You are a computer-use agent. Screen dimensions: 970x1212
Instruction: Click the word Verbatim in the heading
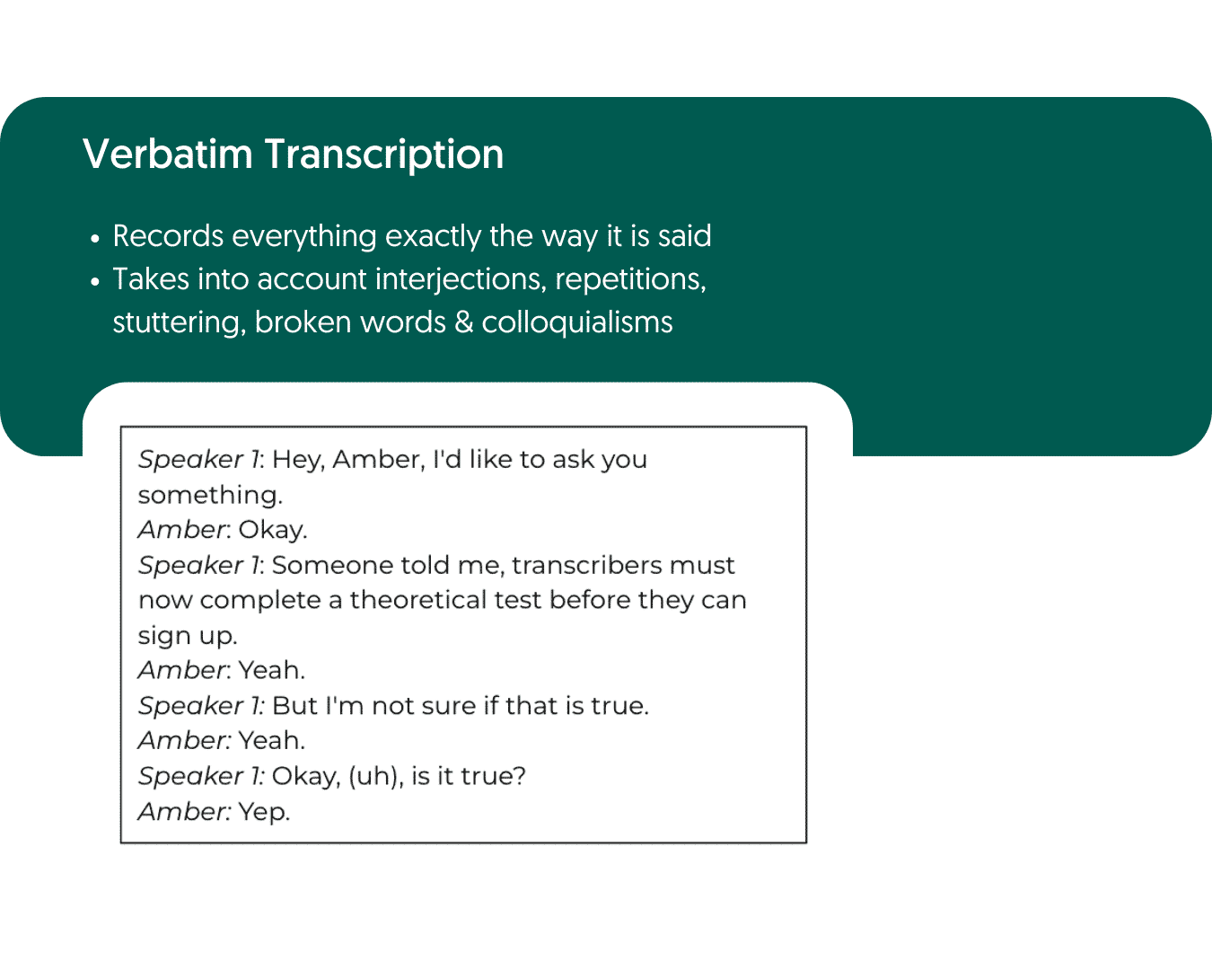pos(168,154)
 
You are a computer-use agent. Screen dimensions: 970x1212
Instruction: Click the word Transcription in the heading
pos(383,154)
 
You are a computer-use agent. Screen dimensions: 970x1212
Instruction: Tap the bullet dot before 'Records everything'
pos(95,239)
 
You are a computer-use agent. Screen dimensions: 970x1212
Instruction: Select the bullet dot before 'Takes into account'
pos(95,282)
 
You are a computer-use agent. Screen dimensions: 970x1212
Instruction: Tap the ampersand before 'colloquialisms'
pos(463,322)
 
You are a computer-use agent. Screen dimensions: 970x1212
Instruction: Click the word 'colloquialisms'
pos(576,322)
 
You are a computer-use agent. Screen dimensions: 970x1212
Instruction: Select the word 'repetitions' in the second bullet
pos(630,279)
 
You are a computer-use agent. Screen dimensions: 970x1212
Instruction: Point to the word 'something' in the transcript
pos(210,495)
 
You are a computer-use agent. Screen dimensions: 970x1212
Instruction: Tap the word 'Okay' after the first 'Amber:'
pos(272,530)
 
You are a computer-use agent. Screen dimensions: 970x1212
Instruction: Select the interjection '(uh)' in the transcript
pos(373,776)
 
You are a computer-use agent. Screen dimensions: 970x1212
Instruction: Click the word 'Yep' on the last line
pos(264,812)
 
